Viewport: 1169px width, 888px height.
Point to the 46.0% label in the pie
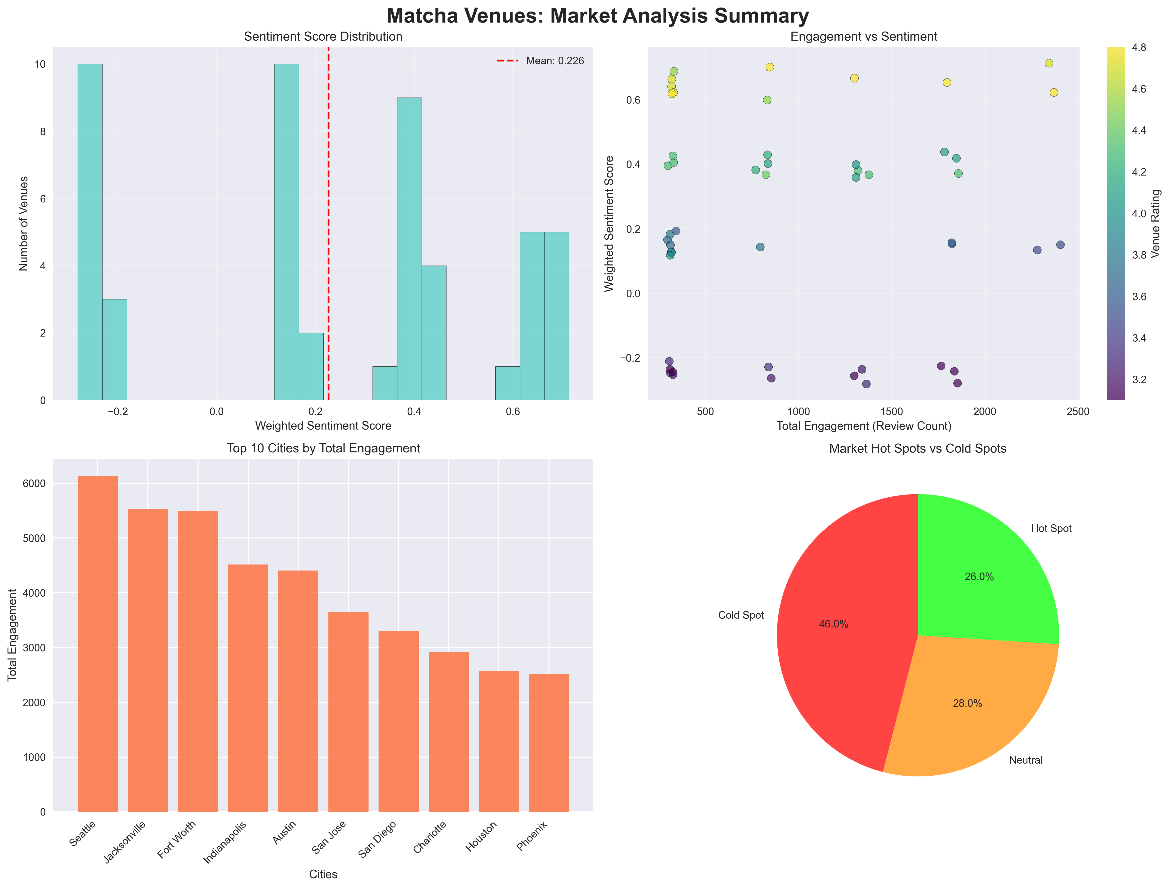tap(833, 624)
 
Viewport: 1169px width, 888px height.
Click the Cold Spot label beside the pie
tap(741, 615)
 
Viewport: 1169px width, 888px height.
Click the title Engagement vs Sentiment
tap(864, 36)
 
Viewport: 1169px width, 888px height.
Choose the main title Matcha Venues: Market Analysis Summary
tap(597, 16)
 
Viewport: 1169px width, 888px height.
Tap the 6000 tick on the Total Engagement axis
tap(35, 484)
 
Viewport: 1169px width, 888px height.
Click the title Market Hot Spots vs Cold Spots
tap(918, 449)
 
